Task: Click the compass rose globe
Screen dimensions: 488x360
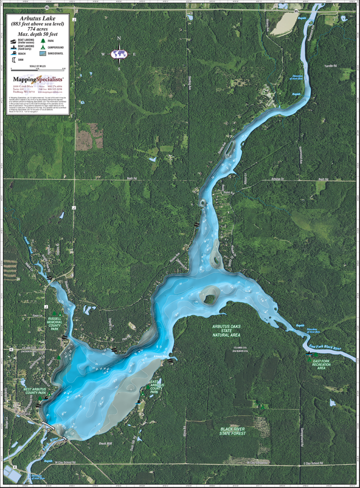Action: pos(119,54)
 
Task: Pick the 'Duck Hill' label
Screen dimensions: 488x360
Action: pos(105,443)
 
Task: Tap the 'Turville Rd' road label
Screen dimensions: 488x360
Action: pos(330,66)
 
